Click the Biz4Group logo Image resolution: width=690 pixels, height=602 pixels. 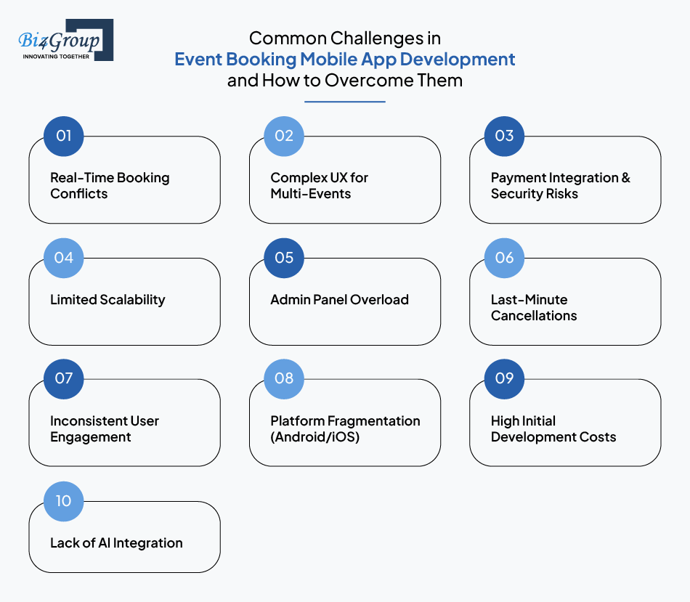point(65,40)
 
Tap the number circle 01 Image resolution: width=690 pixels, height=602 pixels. point(64,137)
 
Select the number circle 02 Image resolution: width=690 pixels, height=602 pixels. point(284,137)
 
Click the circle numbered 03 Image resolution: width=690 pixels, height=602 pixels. point(504,137)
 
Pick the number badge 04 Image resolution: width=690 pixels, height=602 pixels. point(64,258)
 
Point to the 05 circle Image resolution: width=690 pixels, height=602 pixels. point(284,258)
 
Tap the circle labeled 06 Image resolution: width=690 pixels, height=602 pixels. point(504,258)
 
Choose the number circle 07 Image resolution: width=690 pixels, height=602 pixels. point(64,379)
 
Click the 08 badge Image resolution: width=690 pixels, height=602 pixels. point(284,379)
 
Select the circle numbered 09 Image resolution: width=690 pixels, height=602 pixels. point(504,379)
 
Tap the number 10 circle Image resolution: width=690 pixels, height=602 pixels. point(64,501)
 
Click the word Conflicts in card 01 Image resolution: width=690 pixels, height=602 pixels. point(78,194)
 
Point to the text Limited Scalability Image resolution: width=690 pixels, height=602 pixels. point(107,300)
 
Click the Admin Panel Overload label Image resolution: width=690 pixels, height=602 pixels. point(340,300)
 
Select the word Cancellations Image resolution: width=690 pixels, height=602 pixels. point(534,315)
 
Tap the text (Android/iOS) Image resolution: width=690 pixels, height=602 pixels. point(315,437)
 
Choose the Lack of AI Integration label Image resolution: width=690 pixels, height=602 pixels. point(116,543)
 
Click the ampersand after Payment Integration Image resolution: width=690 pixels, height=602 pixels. point(626,178)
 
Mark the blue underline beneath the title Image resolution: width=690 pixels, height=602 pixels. point(345,102)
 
